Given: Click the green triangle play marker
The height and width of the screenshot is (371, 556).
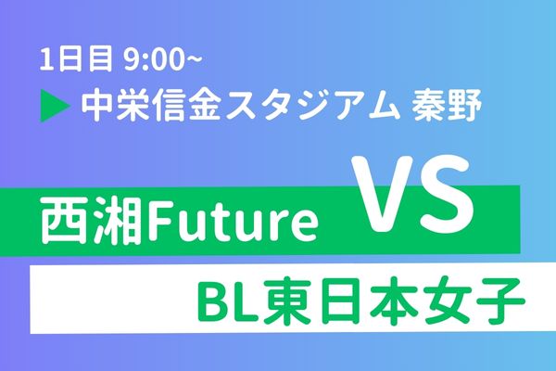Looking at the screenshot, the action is coord(54,106).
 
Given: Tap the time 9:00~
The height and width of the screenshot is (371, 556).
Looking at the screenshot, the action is coord(162,59).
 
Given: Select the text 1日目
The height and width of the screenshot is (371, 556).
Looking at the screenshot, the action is coord(76,59).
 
